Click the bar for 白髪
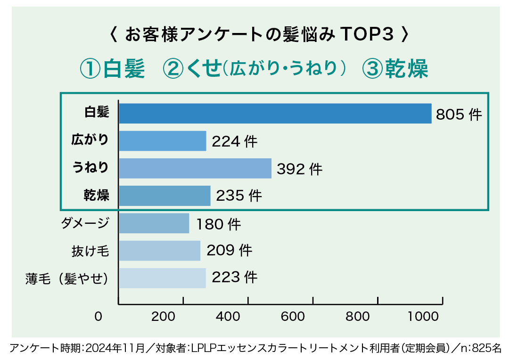[x=275, y=114]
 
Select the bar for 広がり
[x=163, y=141]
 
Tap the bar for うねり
[x=195, y=168]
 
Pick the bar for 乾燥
[x=165, y=196]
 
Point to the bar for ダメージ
[x=154, y=223]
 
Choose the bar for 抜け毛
[x=160, y=251]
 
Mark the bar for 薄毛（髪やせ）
[x=162, y=278]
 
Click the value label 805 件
[x=459, y=115]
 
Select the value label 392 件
[x=299, y=169]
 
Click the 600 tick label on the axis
[x=296, y=317]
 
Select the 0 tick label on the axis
[x=98, y=317]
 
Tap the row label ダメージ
[x=85, y=223]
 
